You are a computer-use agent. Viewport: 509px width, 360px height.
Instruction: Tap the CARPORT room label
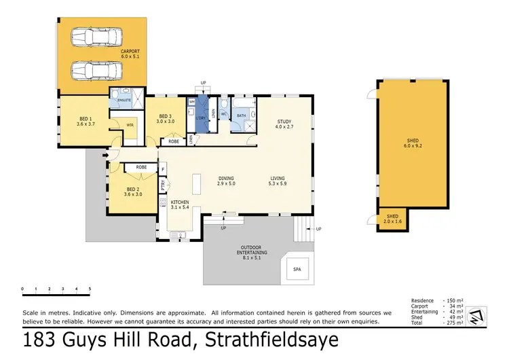(131, 54)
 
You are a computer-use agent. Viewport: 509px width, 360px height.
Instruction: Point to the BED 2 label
(133, 192)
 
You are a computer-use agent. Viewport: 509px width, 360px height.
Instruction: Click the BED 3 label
(165, 119)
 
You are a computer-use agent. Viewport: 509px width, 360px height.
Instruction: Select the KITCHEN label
(180, 204)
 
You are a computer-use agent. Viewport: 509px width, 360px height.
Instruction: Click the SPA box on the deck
(297, 269)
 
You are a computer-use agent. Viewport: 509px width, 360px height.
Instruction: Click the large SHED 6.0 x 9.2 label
(413, 144)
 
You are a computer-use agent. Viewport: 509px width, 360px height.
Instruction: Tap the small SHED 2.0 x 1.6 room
(392, 221)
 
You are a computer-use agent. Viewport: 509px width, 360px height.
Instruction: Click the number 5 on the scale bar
(90, 289)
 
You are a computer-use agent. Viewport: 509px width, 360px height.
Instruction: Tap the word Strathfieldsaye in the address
(261, 340)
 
